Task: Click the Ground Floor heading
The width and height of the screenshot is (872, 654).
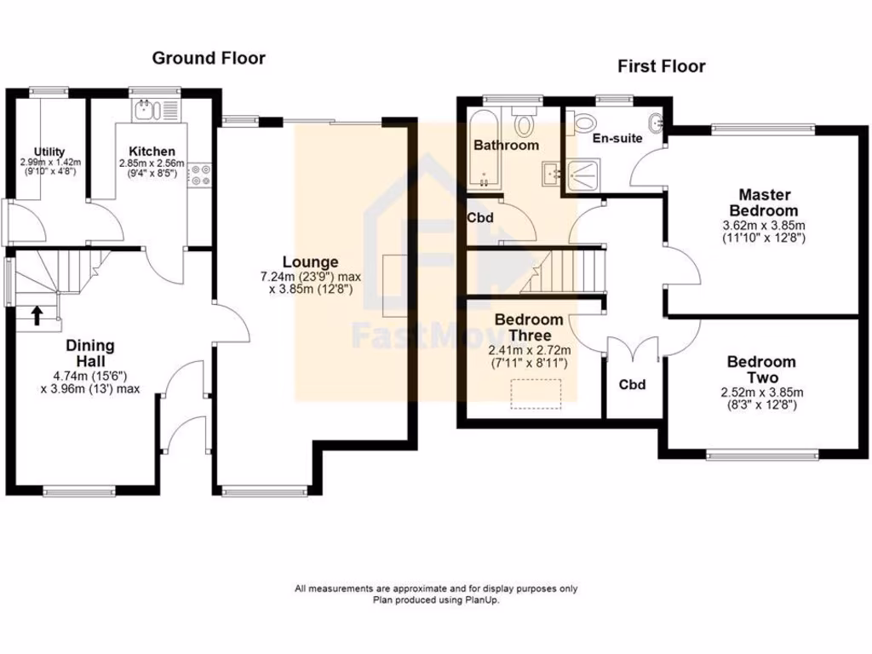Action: coord(209,59)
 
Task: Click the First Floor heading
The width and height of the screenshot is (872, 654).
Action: coord(662,66)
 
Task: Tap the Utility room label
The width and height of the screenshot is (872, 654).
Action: coord(49,152)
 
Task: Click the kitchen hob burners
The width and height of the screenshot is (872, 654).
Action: coord(202,175)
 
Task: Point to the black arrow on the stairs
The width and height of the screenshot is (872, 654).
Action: coord(37,316)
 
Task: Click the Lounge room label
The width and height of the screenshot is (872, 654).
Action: coord(311,262)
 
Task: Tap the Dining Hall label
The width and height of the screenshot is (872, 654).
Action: coord(90,353)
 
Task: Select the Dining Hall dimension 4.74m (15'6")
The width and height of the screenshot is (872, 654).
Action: coord(90,376)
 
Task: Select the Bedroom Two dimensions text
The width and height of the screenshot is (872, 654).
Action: coord(761,399)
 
